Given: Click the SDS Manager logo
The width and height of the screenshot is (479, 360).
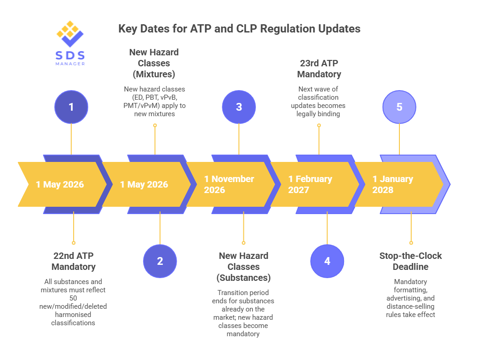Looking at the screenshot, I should (x=70, y=43).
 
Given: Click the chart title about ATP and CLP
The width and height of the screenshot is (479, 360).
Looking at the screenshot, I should (x=239, y=29).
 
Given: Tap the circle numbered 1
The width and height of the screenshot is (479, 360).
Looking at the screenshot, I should (x=71, y=107).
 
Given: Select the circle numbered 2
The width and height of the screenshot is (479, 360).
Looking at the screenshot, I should (x=160, y=261).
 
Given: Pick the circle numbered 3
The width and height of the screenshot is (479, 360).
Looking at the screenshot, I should (x=239, y=107).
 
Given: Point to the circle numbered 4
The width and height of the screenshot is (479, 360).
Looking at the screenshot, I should (x=327, y=261).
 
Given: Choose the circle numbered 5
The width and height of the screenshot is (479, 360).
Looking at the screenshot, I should (x=399, y=107).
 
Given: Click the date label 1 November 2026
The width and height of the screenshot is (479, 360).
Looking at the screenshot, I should (x=229, y=184).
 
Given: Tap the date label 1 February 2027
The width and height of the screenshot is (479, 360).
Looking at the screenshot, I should (x=310, y=184).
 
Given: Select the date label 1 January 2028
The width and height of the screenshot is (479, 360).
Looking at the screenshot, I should (x=393, y=184).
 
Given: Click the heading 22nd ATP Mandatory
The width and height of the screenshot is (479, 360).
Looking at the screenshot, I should (x=73, y=261).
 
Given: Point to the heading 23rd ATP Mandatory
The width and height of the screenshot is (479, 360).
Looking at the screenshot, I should (x=319, y=69).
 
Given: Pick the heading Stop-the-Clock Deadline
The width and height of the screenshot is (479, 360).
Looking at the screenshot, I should (x=410, y=261).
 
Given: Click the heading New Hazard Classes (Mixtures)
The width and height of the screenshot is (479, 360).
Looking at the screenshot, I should (x=154, y=63).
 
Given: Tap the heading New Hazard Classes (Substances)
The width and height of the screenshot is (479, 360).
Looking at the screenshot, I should (x=243, y=267).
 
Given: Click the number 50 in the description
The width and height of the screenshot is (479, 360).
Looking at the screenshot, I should (x=73, y=298).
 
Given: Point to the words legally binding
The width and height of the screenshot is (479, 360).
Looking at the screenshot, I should (x=319, y=113).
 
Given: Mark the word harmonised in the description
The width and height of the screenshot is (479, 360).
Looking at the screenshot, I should (x=73, y=315).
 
